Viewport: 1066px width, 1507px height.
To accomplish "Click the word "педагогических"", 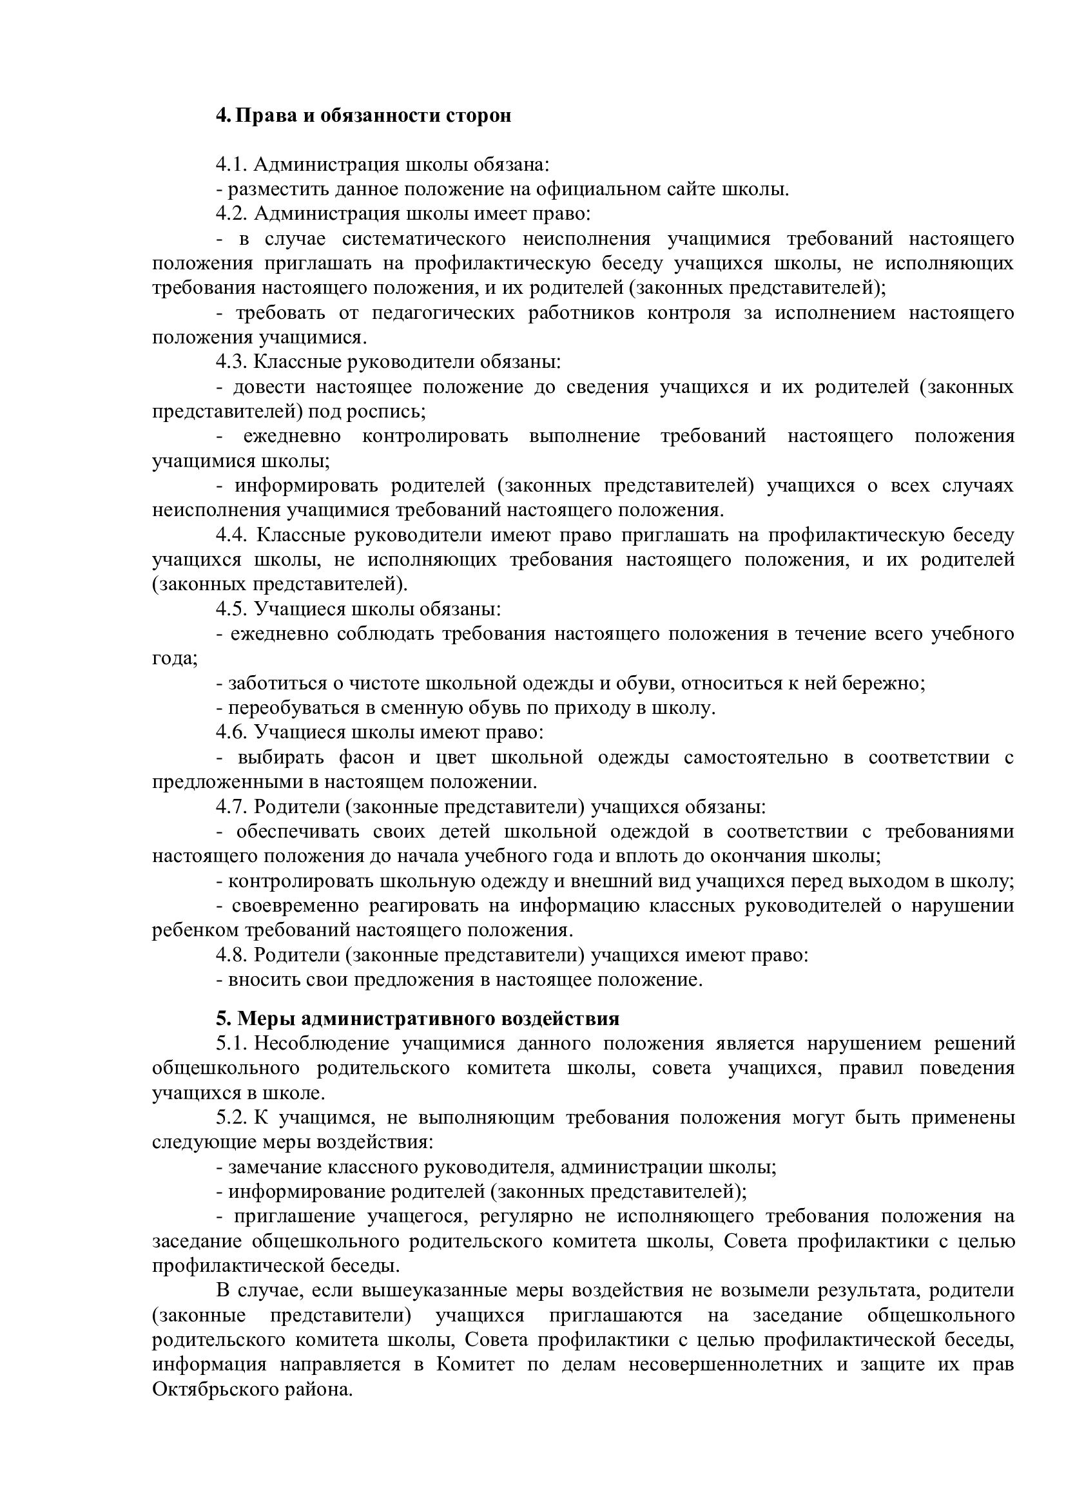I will (x=443, y=313).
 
